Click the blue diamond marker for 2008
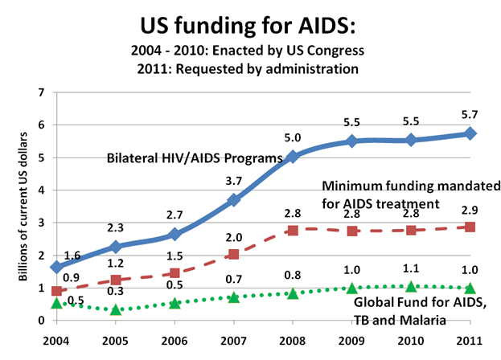pyautogui.click(x=293, y=157)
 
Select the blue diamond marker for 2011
pyautogui.click(x=470, y=133)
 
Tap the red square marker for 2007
pyautogui.click(x=234, y=255)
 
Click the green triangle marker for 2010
pyautogui.click(x=411, y=286)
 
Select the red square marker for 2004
pyautogui.click(x=55, y=291)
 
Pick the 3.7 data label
pyautogui.click(x=234, y=181)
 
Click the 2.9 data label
pyautogui.click(x=470, y=210)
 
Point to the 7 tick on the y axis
pyautogui.click(x=39, y=92)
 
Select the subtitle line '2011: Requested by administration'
pyautogui.click(x=249, y=68)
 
